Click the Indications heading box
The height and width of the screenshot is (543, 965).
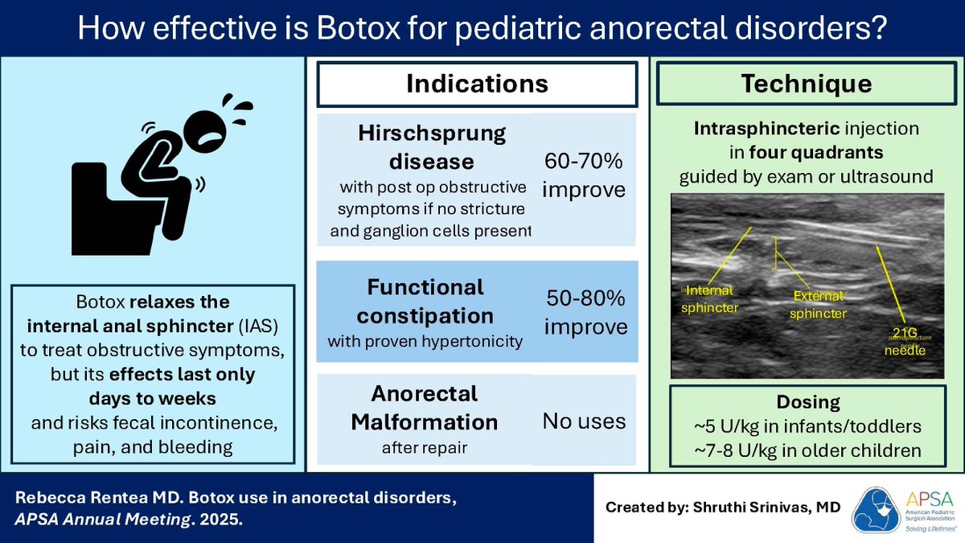point(477,84)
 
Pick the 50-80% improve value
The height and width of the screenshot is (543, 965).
point(585,313)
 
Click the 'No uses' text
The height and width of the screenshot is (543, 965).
point(584,420)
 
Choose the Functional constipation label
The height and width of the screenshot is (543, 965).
point(425,300)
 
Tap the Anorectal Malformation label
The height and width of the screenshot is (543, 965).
point(424,408)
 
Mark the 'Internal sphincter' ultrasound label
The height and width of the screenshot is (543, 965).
point(708,298)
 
